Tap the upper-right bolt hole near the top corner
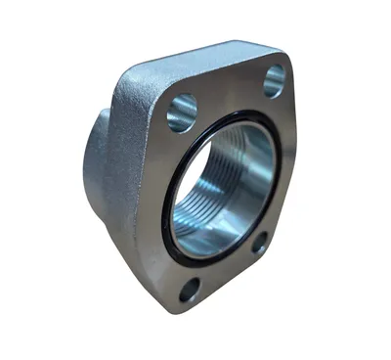(275, 79)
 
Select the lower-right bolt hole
(260, 242)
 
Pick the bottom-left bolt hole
(189, 290)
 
